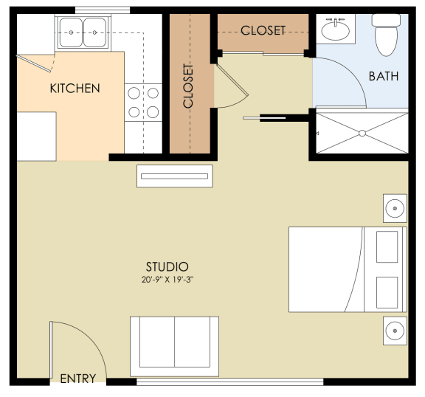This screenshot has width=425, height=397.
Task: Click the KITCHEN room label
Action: pos(75,89)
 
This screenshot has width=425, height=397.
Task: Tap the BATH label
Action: pos(384,76)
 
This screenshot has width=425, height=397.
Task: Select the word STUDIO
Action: pos(167,267)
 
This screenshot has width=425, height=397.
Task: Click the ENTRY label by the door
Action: pos(78,379)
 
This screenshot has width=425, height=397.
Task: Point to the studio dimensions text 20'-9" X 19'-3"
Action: pos(167,280)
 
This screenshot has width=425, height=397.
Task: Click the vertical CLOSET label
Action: pos(188,86)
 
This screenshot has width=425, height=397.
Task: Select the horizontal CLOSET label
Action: pos(263,30)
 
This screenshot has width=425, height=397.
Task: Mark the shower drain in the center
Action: pos(362,134)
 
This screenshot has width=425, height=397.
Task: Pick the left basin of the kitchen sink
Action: pos(71,32)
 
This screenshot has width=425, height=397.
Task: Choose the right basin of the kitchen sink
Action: pos(94,32)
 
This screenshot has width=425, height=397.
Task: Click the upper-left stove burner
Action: pos(134,93)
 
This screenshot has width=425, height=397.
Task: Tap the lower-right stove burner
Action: pos(153,112)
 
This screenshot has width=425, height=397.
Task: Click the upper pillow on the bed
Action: pos(387,247)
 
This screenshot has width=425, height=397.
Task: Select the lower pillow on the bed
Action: pos(387,292)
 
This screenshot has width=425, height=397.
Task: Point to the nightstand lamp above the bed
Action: pos(395,208)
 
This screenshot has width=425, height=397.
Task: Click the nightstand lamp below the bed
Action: pos(395,331)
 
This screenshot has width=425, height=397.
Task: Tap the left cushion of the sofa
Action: pos(157,342)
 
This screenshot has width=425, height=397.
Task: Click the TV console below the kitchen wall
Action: pos(175,176)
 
